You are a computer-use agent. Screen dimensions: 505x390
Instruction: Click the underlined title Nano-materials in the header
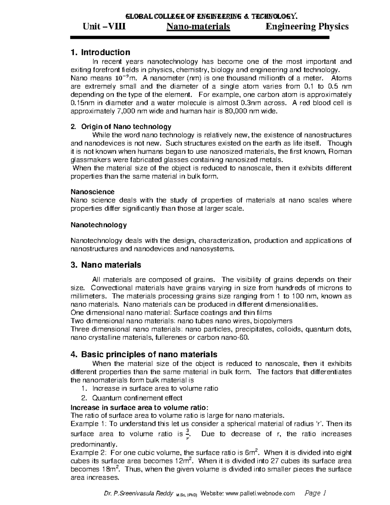point(198,26)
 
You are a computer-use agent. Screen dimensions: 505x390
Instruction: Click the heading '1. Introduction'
point(100,52)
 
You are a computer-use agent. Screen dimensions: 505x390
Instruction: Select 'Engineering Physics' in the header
point(307,26)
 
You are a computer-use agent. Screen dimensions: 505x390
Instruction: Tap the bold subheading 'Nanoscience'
point(93,192)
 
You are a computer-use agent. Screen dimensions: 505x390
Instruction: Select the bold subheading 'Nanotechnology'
point(99,225)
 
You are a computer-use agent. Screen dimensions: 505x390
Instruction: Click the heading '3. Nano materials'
point(106,265)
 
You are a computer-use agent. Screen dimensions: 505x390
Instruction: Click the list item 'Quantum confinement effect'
point(137,398)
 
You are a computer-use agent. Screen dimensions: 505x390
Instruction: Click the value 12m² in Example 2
point(184,461)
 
